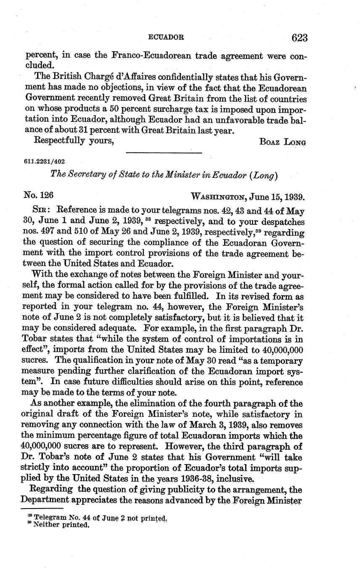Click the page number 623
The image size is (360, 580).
pos(299,38)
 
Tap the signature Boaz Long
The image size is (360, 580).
pos(283,142)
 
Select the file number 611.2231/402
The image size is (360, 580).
pos(45,161)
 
